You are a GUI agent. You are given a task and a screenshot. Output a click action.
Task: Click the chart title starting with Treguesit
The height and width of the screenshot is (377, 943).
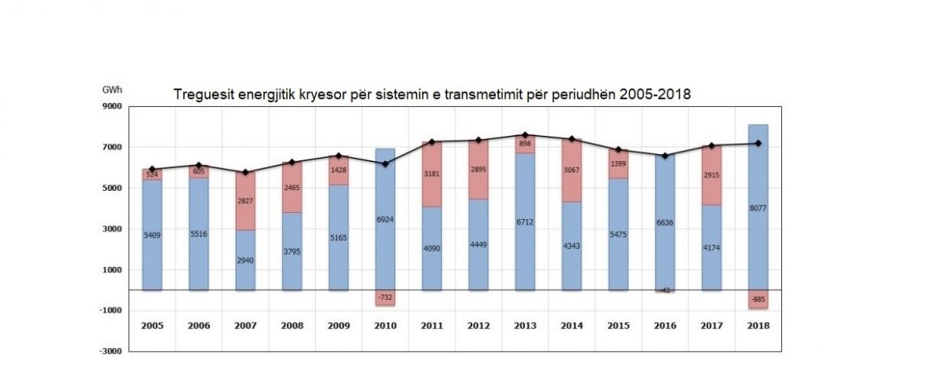[x=431, y=95]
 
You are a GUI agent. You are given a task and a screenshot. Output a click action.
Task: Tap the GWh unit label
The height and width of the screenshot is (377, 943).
[x=112, y=90]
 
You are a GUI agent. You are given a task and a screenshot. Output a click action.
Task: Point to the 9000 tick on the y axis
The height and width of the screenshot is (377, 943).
[x=109, y=107]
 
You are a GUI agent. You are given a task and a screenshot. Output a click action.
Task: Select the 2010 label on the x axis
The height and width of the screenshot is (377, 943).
[x=384, y=325]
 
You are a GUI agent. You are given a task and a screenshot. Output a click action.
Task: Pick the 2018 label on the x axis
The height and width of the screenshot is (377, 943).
[x=758, y=325]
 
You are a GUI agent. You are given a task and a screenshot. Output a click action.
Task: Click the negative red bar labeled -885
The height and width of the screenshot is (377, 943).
[x=758, y=299]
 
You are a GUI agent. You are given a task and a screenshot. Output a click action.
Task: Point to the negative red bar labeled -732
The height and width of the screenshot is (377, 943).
[x=384, y=298]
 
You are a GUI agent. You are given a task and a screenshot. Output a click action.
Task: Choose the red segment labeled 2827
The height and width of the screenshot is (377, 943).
[x=245, y=201]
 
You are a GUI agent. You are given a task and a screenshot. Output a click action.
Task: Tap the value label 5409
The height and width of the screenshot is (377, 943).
[x=152, y=234]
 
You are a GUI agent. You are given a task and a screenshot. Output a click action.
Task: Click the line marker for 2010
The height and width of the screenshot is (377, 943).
[x=384, y=163]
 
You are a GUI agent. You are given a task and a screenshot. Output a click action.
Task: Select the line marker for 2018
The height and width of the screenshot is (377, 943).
[x=758, y=143]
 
